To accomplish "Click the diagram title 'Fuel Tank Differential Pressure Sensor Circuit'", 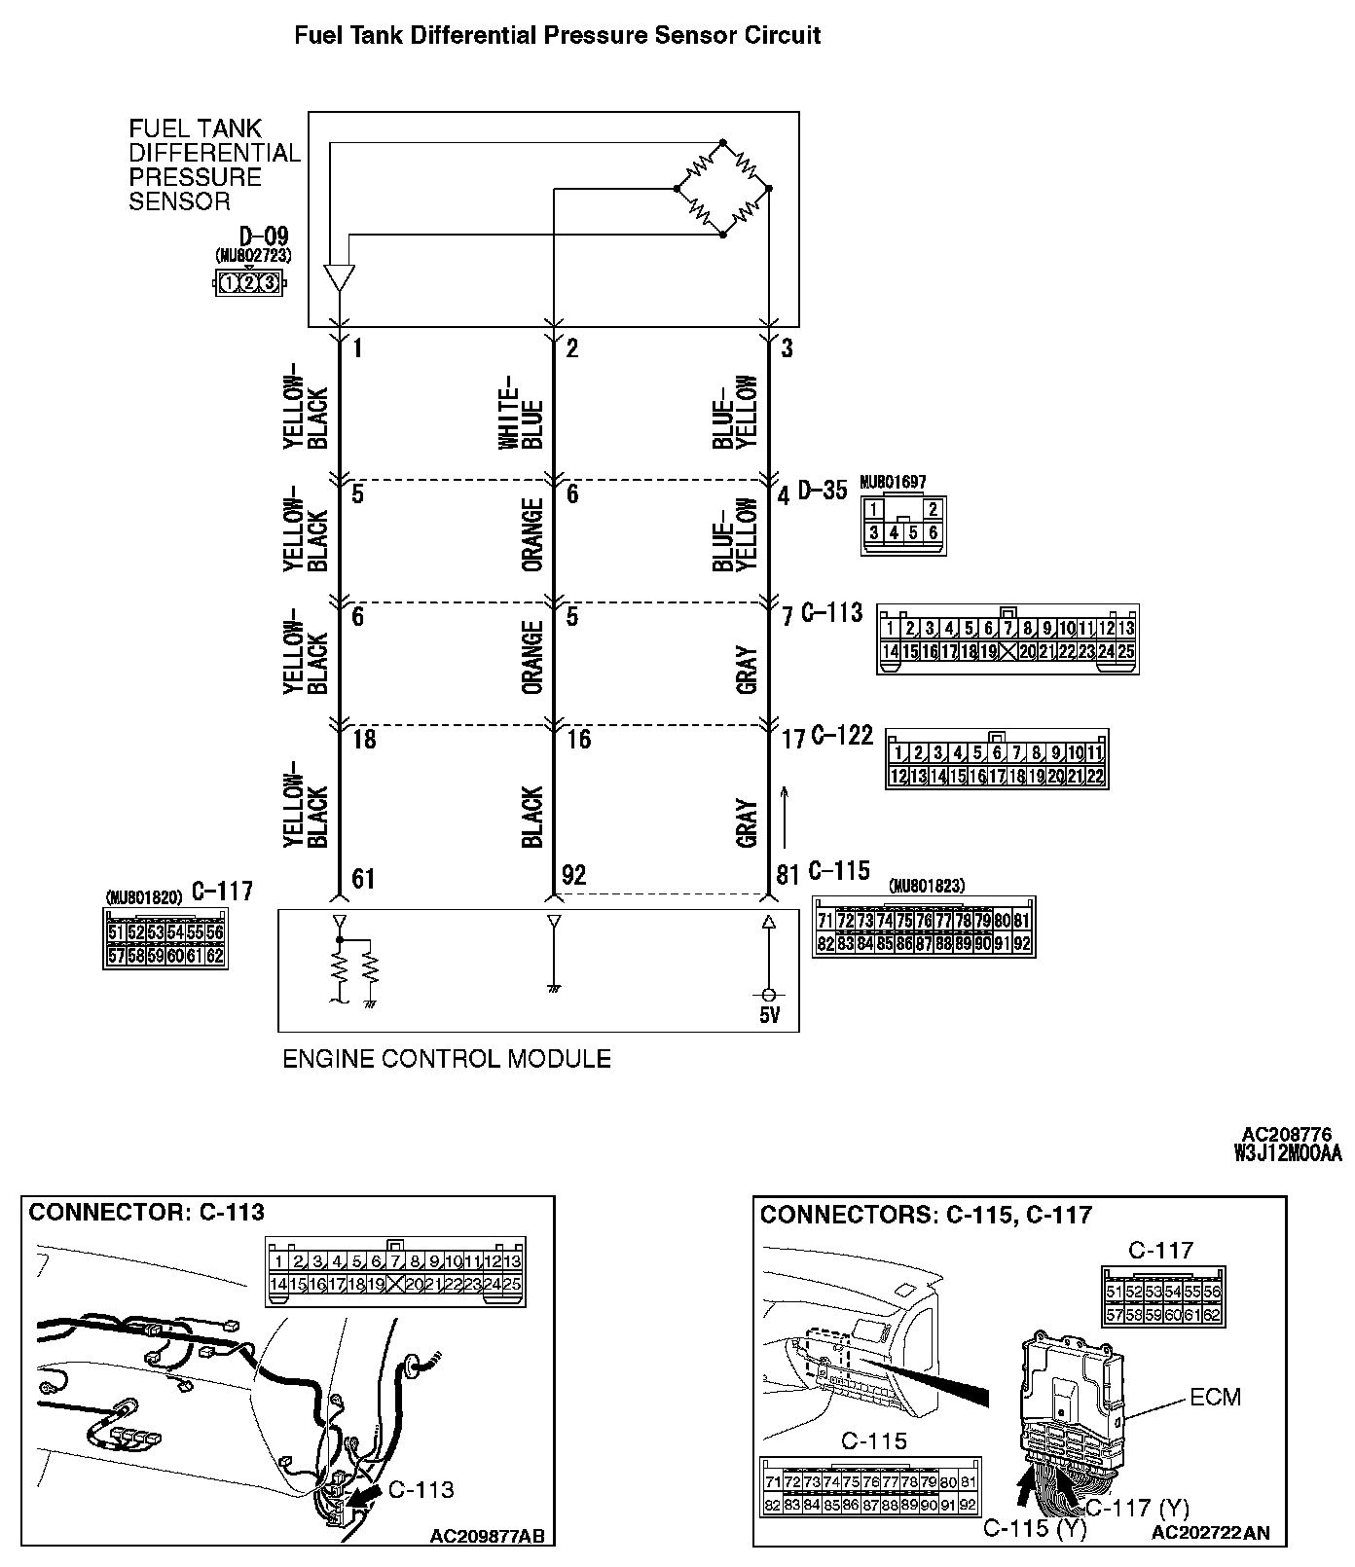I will (x=557, y=36).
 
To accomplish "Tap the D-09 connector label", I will (x=263, y=237).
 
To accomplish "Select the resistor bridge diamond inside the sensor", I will (x=723, y=188).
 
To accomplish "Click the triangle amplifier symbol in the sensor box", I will (x=339, y=278).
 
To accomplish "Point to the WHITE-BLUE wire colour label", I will (x=522, y=413).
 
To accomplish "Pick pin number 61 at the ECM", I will (x=363, y=879).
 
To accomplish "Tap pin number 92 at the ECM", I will (x=574, y=875).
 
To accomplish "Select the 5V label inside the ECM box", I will (x=768, y=1017).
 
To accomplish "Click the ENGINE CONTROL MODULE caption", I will (x=446, y=1059).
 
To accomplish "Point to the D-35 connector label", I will (x=823, y=492).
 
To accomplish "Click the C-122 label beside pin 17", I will (x=841, y=736).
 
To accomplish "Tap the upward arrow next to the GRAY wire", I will (x=785, y=818).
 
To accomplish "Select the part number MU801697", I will (x=893, y=482).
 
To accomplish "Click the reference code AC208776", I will (x=1286, y=1135).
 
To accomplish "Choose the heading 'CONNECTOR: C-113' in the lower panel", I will (x=146, y=1213).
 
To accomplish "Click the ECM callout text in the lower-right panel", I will (x=1216, y=1398).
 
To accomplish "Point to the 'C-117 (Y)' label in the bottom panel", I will (x=1136, y=1509).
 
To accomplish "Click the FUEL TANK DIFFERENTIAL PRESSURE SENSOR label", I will (x=214, y=164).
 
